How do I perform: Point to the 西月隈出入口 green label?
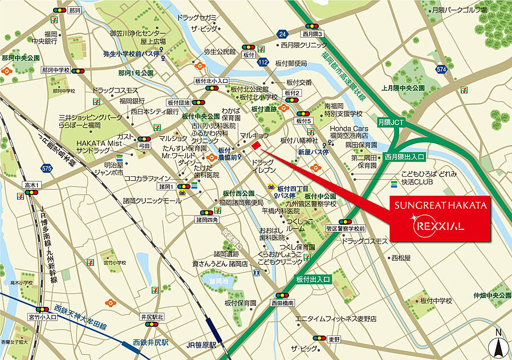(x=405, y=156)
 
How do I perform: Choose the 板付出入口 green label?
(x=313, y=279)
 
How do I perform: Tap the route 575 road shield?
(x=47, y=168)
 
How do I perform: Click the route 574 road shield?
(x=441, y=69)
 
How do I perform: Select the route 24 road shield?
(x=282, y=33)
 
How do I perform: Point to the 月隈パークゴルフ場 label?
(x=459, y=10)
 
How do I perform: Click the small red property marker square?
(x=256, y=146)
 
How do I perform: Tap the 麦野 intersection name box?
(x=334, y=339)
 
